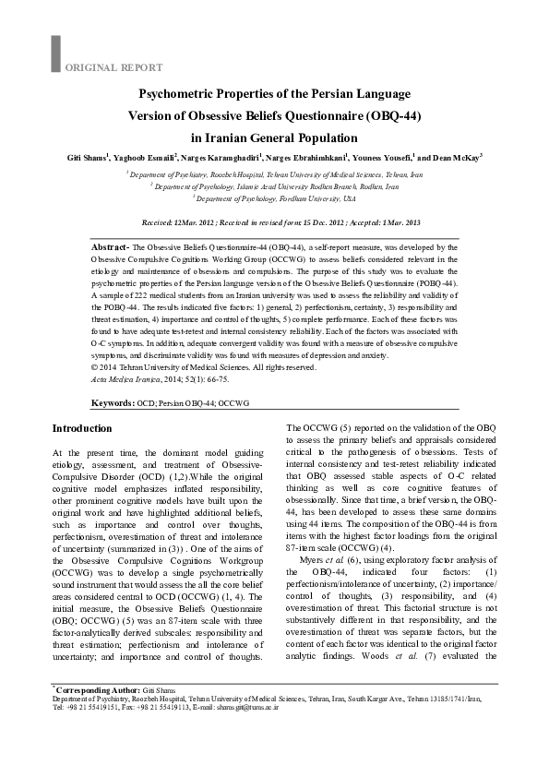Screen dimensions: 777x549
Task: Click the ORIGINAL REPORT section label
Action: coord(114,67)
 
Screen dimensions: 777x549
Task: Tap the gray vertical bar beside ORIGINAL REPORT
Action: coord(55,54)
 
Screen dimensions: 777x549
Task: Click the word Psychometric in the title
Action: coord(176,94)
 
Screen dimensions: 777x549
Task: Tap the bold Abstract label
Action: coord(111,248)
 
